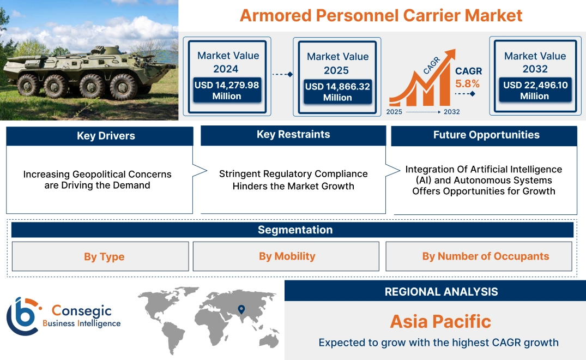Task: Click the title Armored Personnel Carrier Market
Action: click(x=381, y=15)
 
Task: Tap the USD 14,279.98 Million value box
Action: click(x=226, y=91)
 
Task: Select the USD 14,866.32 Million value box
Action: click(x=337, y=92)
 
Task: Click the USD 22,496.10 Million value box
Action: click(x=534, y=91)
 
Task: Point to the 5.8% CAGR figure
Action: click(x=467, y=83)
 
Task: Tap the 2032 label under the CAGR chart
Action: click(x=451, y=112)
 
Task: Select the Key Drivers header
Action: click(x=99, y=136)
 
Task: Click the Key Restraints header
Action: click(x=293, y=135)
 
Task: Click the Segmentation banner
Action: click(x=295, y=230)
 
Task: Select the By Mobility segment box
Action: click(x=287, y=256)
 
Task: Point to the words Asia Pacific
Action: click(x=440, y=321)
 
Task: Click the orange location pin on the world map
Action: click(x=240, y=310)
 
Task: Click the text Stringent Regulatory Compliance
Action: click(x=293, y=174)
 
